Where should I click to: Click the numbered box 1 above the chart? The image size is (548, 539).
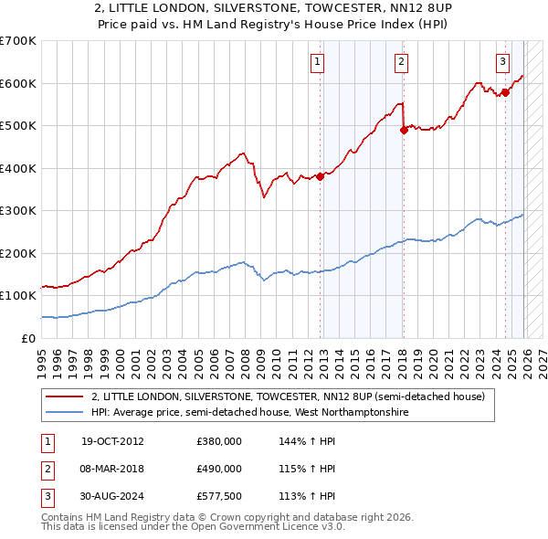[316, 62]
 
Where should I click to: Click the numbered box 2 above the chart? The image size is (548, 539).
[401, 62]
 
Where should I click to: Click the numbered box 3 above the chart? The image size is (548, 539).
[502, 62]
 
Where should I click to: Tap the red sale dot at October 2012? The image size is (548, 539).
[321, 176]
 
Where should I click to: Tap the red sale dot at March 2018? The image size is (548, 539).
[404, 130]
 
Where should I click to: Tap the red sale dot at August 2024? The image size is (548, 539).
[505, 92]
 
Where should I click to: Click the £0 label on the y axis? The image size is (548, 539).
[27, 338]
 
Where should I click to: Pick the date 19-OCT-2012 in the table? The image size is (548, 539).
[111, 441]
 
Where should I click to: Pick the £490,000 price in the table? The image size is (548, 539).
[218, 469]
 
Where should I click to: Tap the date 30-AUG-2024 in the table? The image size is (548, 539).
[111, 496]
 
